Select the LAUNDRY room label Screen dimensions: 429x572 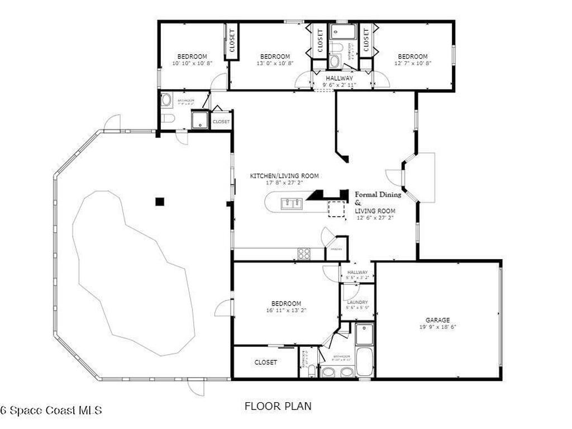click(x=357, y=302)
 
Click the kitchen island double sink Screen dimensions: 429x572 click(x=292, y=203)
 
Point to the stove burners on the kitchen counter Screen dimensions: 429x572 click(x=304, y=254)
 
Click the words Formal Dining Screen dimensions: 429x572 click(x=378, y=195)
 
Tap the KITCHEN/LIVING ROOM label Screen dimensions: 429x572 click(x=284, y=176)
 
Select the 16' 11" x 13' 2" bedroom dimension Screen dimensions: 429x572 click(x=287, y=311)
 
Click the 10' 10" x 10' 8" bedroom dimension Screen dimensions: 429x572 click(x=192, y=63)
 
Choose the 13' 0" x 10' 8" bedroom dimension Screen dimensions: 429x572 click(x=275, y=63)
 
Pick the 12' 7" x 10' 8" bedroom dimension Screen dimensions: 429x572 click(x=413, y=63)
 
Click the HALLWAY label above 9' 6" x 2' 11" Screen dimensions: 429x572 click(x=340, y=78)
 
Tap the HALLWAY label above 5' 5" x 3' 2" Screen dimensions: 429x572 click(x=357, y=272)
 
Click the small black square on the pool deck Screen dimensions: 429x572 click(x=160, y=202)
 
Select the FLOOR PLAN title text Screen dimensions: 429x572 click(x=278, y=406)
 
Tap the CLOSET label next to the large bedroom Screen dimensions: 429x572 click(x=265, y=363)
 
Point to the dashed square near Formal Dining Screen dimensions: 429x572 click(x=337, y=208)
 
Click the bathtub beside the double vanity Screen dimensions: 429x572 click(x=364, y=362)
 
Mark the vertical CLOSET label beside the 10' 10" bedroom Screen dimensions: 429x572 click(x=232, y=40)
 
